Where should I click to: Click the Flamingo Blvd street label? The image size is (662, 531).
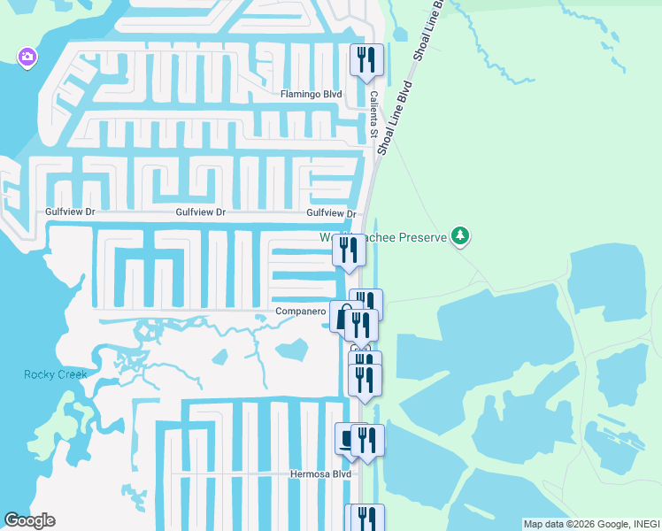pos(311,94)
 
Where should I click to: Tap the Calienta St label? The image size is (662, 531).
pos(373,113)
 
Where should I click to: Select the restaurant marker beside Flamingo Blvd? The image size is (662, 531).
pos(367,61)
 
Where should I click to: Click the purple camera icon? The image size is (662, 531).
pos(27,58)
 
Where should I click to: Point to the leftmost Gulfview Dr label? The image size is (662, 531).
pos(70,212)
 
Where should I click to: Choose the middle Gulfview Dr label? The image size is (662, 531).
pos(201,212)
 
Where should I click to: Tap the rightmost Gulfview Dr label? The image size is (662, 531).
pos(331,213)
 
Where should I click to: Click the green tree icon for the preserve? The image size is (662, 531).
pos(459,236)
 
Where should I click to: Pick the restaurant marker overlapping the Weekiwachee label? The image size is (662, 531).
pos(349,251)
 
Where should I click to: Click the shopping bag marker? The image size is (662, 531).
pos(342,317)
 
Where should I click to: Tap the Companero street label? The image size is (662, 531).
pos(302,312)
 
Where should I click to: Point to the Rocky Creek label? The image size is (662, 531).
pos(55,374)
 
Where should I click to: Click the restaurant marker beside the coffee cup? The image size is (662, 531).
pos(367,441)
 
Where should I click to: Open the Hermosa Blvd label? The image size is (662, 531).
pos(321,474)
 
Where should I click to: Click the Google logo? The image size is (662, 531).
pos(29,520)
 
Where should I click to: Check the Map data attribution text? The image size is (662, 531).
pos(591,524)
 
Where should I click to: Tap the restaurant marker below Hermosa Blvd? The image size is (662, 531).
pos(366,519)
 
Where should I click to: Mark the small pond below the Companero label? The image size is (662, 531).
pos(291,350)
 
